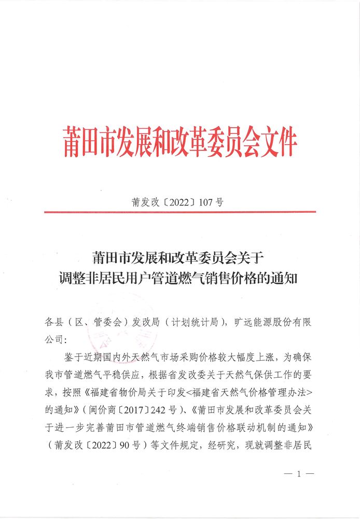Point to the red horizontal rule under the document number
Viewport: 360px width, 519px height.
(x=180, y=212)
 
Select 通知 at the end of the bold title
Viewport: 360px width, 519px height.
(x=284, y=277)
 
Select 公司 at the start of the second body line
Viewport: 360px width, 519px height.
(x=54, y=340)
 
